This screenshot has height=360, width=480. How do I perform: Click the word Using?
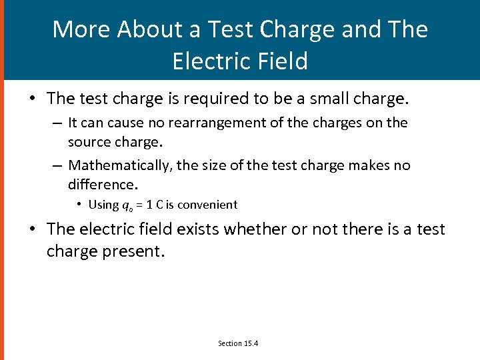[103, 205]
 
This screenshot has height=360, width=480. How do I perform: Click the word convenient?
[207, 205]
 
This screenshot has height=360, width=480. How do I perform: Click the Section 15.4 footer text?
[239, 343]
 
